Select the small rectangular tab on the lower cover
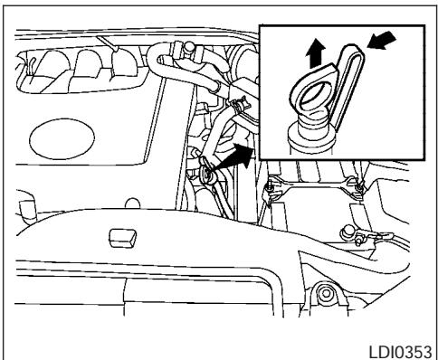(x=121, y=238)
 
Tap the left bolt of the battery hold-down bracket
(x=272, y=187)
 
